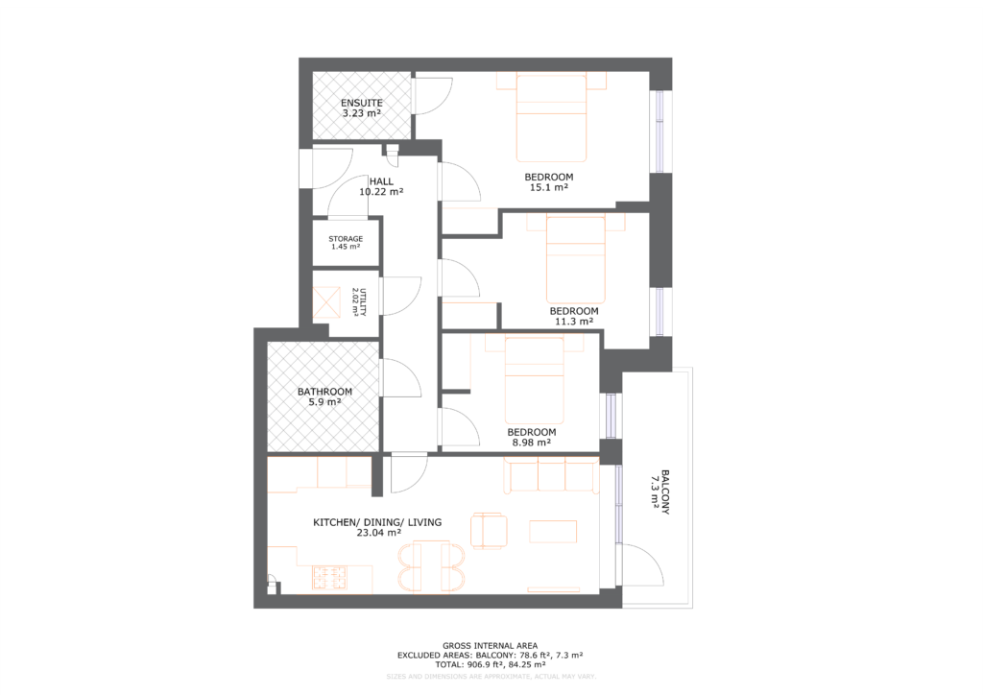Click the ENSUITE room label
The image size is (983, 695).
coord(362,103)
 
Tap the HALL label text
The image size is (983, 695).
coord(381,180)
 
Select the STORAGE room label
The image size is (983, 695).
coord(346,239)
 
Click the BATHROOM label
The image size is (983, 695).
coord(324,392)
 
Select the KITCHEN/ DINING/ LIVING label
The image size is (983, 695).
coord(377,522)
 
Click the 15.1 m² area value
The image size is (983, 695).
coord(548,188)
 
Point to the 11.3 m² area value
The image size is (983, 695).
coord(573,323)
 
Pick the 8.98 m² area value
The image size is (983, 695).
coord(531,443)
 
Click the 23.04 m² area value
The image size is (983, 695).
coord(377,533)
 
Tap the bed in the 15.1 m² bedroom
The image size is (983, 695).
coord(551,119)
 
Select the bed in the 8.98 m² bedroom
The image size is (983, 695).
coord(535,379)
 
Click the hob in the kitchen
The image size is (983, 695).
coord(328,578)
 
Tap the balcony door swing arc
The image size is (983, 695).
coord(642,561)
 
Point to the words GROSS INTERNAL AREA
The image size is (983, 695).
coord(490,645)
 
